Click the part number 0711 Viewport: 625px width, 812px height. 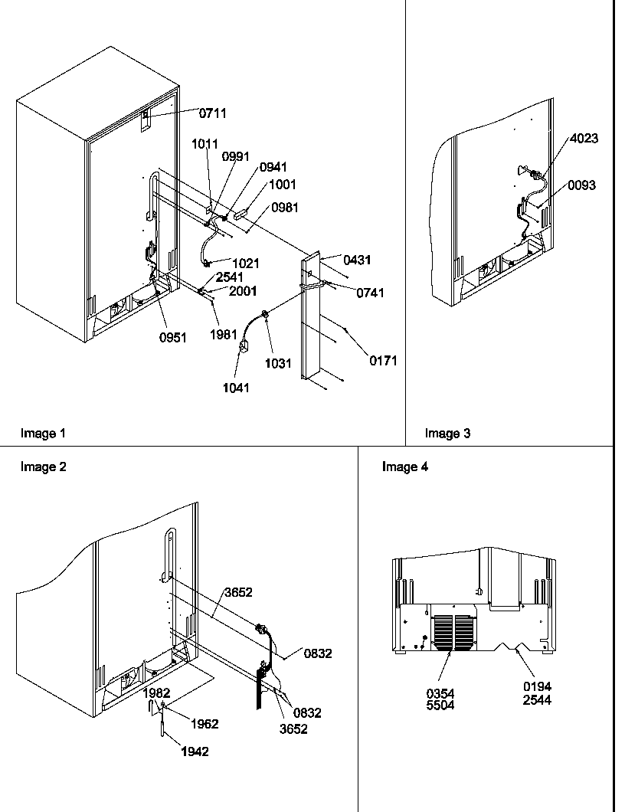click(213, 113)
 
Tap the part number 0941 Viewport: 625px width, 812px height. click(273, 167)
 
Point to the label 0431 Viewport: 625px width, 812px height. click(357, 260)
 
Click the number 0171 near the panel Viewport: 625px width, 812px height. click(383, 361)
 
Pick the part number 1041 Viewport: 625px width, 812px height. click(237, 388)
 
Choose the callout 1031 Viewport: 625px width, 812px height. click(279, 364)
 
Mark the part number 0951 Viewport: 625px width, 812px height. click(172, 339)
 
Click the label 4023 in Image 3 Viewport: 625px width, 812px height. click(584, 139)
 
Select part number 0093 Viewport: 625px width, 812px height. click(582, 185)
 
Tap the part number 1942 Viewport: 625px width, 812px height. click(195, 751)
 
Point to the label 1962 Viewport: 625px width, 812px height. click(205, 724)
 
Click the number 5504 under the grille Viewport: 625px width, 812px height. click(440, 705)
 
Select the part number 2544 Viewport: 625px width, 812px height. click(538, 699)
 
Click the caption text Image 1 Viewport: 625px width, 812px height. click(43, 434)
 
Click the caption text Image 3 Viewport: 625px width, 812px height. click(448, 434)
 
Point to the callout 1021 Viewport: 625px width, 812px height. click(246, 264)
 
